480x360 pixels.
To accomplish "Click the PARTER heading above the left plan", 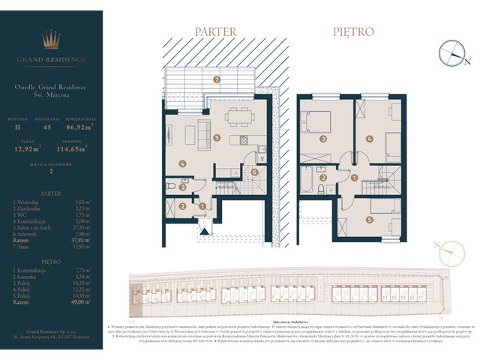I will tap(215, 32).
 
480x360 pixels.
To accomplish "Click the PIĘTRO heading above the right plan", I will tap(353, 32).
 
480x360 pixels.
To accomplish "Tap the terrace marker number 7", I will tap(216, 79).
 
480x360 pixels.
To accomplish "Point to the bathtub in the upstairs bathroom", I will tap(310, 181).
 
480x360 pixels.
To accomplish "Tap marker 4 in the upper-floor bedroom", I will tap(370, 139).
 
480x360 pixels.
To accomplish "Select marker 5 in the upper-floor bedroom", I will tap(370, 220).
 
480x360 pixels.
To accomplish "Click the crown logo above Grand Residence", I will tap(52, 39).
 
